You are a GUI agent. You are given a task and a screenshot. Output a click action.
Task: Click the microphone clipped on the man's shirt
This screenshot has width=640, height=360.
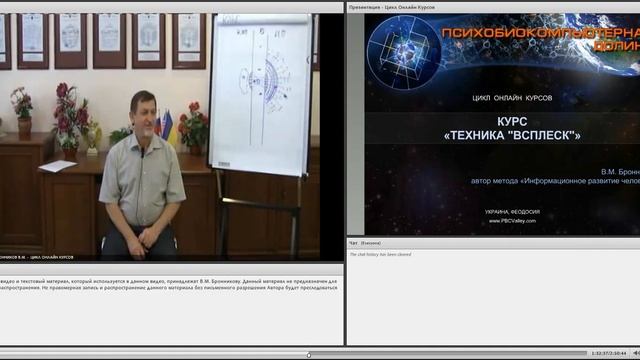click(142, 153)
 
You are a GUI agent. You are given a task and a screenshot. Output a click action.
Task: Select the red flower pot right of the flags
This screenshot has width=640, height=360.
click(193, 130)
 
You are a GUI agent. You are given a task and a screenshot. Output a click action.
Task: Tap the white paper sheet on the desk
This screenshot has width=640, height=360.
click(57, 166)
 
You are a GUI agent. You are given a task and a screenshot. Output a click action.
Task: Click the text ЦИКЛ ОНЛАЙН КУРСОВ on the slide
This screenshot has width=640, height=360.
click(511, 98)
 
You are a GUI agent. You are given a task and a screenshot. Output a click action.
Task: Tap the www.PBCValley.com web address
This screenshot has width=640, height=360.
click(512, 221)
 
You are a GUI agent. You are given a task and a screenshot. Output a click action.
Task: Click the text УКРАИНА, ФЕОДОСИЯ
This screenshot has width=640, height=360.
click(512, 212)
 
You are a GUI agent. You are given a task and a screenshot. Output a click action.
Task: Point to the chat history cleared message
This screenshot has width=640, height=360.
click(380, 255)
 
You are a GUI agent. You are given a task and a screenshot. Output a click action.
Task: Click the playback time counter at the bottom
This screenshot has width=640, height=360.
click(609, 354)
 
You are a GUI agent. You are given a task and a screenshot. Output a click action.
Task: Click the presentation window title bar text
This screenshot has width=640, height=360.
click(395, 7)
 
